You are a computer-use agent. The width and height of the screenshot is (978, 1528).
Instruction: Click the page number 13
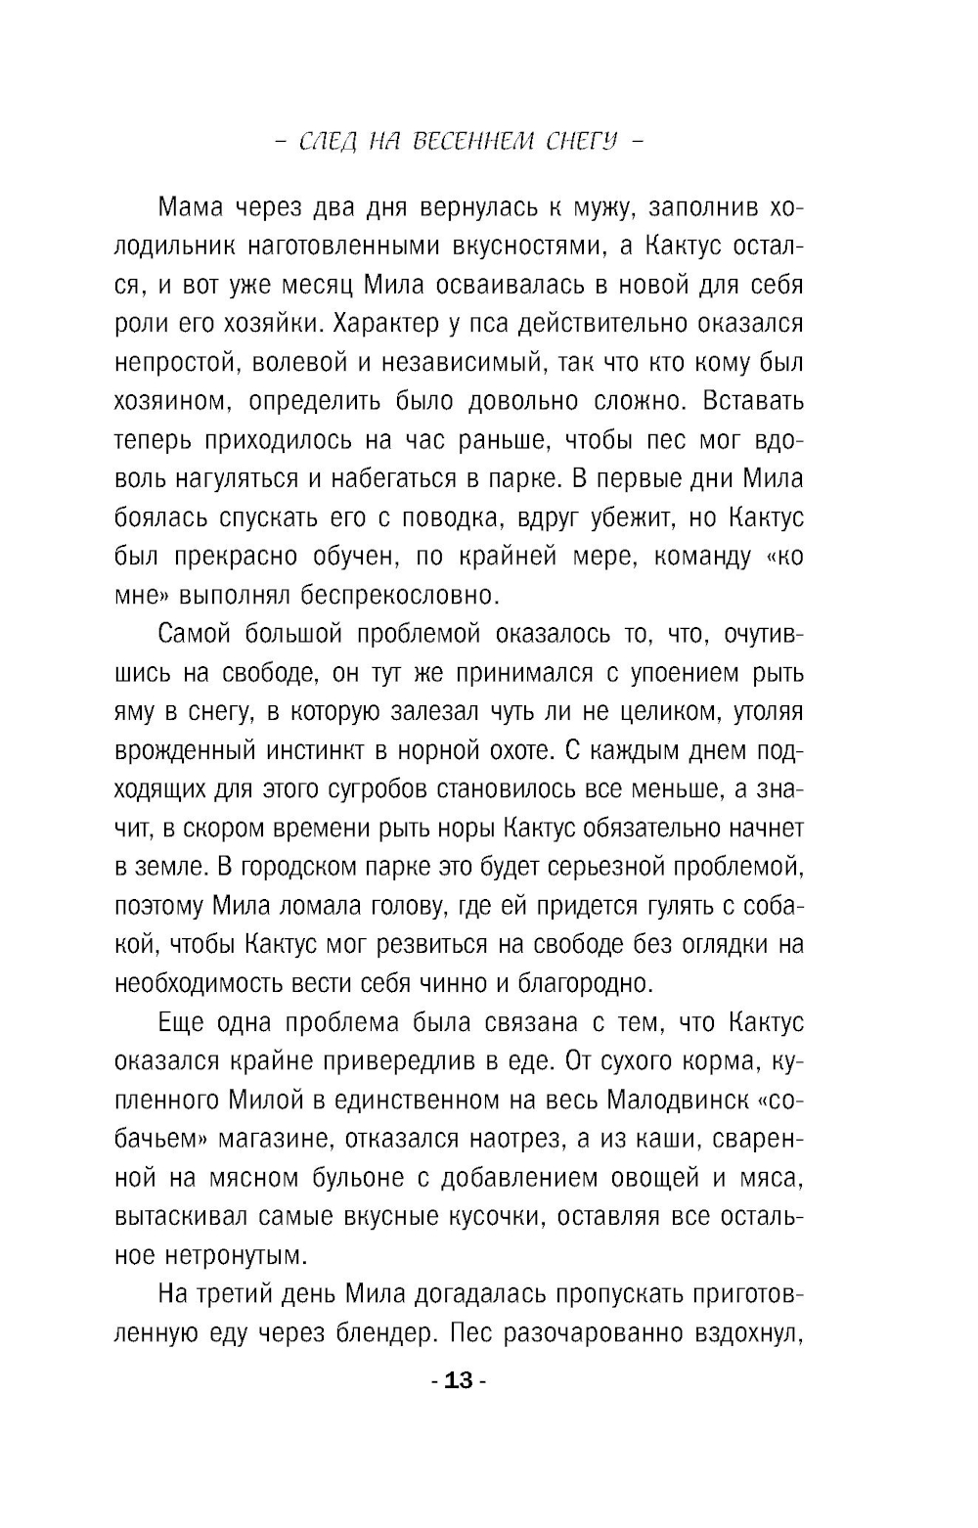coord(458,1381)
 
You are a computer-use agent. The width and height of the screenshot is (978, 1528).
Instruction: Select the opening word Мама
coord(191,208)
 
